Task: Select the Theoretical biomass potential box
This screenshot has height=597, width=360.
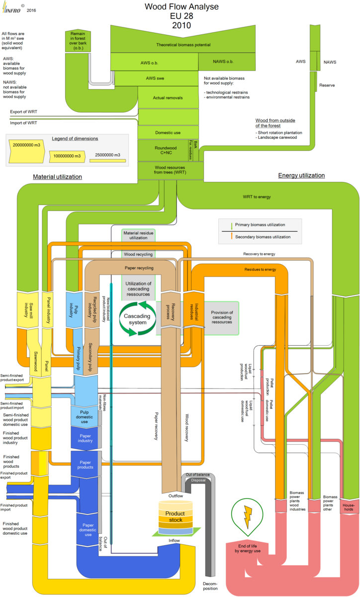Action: point(183,45)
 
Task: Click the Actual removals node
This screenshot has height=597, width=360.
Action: point(168,98)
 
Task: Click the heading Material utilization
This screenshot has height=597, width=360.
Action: point(57,177)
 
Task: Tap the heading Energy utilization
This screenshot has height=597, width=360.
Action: point(301,176)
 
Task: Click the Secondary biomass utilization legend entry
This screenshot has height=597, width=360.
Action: point(263,237)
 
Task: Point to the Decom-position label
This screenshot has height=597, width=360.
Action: point(210,585)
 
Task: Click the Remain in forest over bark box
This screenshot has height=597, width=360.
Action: point(78,40)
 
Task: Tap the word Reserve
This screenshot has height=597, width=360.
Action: point(327,86)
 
